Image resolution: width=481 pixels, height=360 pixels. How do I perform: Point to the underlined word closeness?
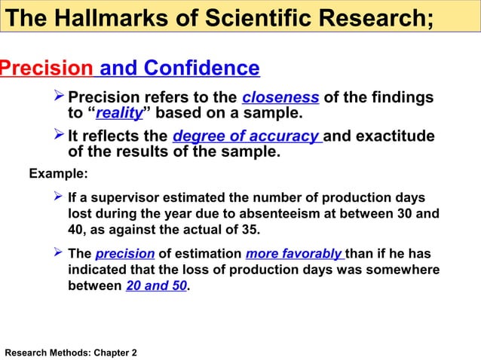tap(280, 98)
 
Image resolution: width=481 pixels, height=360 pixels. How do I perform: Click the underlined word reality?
tap(120, 114)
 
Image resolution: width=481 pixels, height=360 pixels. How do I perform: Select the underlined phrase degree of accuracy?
tap(247, 136)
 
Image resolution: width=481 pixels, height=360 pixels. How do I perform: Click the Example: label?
tap(58, 174)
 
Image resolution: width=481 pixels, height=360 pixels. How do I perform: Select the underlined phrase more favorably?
tap(294, 254)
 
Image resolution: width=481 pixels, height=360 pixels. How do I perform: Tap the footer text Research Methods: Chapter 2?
tap(71, 352)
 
